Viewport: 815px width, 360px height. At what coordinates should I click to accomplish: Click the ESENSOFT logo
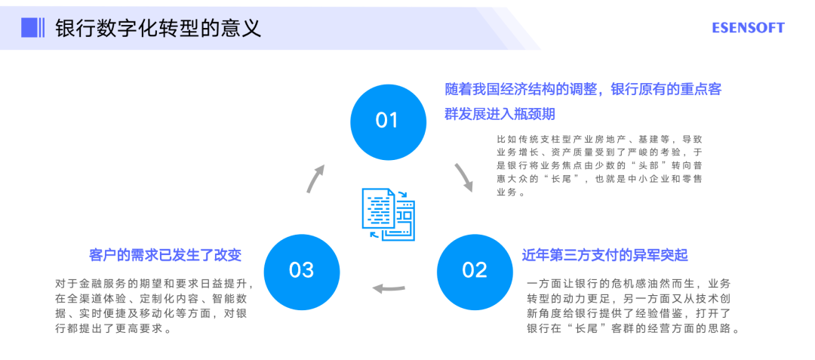coord(748,28)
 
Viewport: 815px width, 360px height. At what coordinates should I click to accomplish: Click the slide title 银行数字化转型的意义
coord(158,28)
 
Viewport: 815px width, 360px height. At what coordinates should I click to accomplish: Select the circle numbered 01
coord(387,120)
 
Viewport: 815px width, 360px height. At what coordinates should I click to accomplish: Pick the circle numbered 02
coord(475,270)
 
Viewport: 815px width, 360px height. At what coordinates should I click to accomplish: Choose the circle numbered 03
coord(301,270)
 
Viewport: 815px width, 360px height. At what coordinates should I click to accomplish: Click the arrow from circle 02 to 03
coord(389,288)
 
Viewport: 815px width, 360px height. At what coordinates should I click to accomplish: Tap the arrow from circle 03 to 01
coord(315,177)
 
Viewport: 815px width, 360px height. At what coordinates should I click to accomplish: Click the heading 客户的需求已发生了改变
coord(165,254)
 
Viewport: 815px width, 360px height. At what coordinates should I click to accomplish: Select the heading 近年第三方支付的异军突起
coord(605,254)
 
